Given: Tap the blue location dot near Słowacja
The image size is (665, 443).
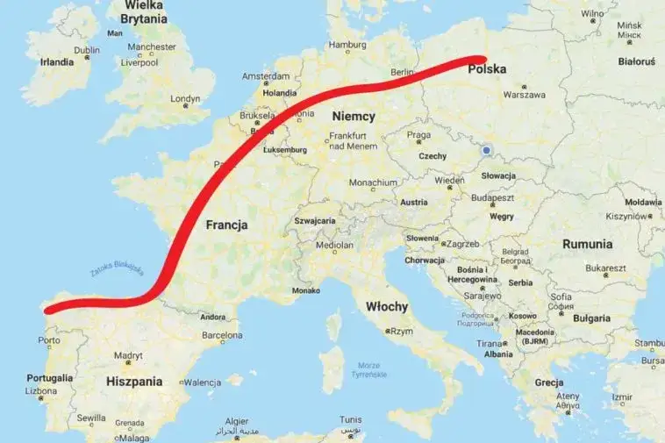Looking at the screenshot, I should tap(486, 151).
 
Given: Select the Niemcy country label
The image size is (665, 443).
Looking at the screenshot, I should tap(354, 116).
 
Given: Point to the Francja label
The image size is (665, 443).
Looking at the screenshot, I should tap(226, 225).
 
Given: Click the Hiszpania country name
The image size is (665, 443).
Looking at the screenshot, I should tap(134, 382).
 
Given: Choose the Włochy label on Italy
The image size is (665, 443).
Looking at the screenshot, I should tap(386, 306).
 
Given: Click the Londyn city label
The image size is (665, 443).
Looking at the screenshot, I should tap(186, 99).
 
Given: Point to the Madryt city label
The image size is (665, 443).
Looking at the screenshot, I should tap(127, 355).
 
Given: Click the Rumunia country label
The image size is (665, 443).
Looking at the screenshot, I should tap(587, 244).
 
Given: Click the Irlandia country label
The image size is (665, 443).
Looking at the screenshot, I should tap(57, 62).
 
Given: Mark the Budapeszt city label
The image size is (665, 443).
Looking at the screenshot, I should tap(491, 198).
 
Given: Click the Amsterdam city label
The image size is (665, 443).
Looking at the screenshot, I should tap(265, 76).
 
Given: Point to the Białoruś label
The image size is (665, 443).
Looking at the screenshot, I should tap(637, 62).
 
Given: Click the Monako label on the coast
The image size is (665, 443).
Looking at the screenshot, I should tap(305, 289).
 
